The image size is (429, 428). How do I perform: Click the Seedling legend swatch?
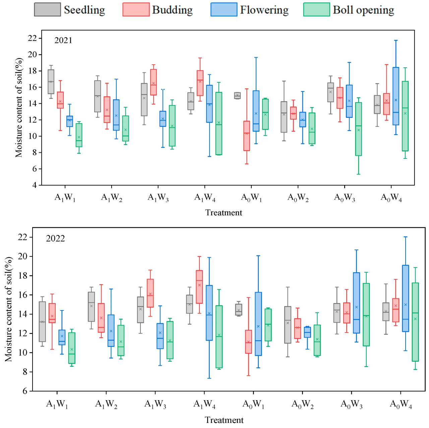pyautogui.click(x=47, y=10)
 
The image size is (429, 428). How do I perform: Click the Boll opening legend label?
pyautogui.click(x=363, y=10)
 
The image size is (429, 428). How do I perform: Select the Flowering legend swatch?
pyautogui.click(x=224, y=10)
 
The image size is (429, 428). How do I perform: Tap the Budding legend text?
pyautogui.click(x=172, y=10)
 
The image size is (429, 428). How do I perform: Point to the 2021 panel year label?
pyautogui.click(x=63, y=41)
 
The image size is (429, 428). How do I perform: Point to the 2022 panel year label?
pyautogui.click(x=55, y=238)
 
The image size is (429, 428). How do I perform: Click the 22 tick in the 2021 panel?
pyautogui.click(x=33, y=38)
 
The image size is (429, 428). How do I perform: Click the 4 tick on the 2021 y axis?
pyautogui.click(x=35, y=185)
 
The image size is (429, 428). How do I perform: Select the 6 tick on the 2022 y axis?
pyautogui.click(x=25, y=391)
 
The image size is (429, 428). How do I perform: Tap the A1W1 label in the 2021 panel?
pyautogui.click(x=65, y=198)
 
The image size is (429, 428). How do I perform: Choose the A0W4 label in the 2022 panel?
pyautogui.click(x=401, y=405)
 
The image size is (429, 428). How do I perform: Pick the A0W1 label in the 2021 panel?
pyautogui.click(x=251, y=198)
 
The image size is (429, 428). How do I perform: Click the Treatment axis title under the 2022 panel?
pyautogui.click(x=224, y=420)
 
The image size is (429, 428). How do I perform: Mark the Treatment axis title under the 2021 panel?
pyautogui.click(x=224, y=213)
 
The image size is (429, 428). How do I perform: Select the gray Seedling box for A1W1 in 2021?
pyautogui.click(x=51, y=82)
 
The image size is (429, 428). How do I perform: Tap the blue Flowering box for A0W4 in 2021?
pyautogui.click(x=396, y=96)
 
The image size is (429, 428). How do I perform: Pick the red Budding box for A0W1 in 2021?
pyautogui.click(x=247, y=136)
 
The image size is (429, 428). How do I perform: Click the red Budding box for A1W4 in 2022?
pyautogui.click(x=199, y=287)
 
